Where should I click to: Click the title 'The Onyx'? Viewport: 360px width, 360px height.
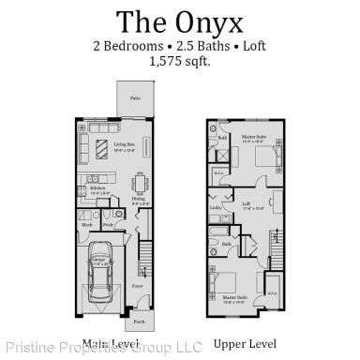180,20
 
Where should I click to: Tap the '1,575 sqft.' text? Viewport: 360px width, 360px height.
180,62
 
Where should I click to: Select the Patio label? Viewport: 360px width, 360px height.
136,97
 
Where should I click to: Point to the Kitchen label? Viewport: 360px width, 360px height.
97,187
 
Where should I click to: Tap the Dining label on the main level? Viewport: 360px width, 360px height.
138,199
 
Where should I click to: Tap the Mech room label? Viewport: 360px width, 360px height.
87,225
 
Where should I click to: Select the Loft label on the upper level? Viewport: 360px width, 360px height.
247,205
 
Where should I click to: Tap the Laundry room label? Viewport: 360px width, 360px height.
216,208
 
